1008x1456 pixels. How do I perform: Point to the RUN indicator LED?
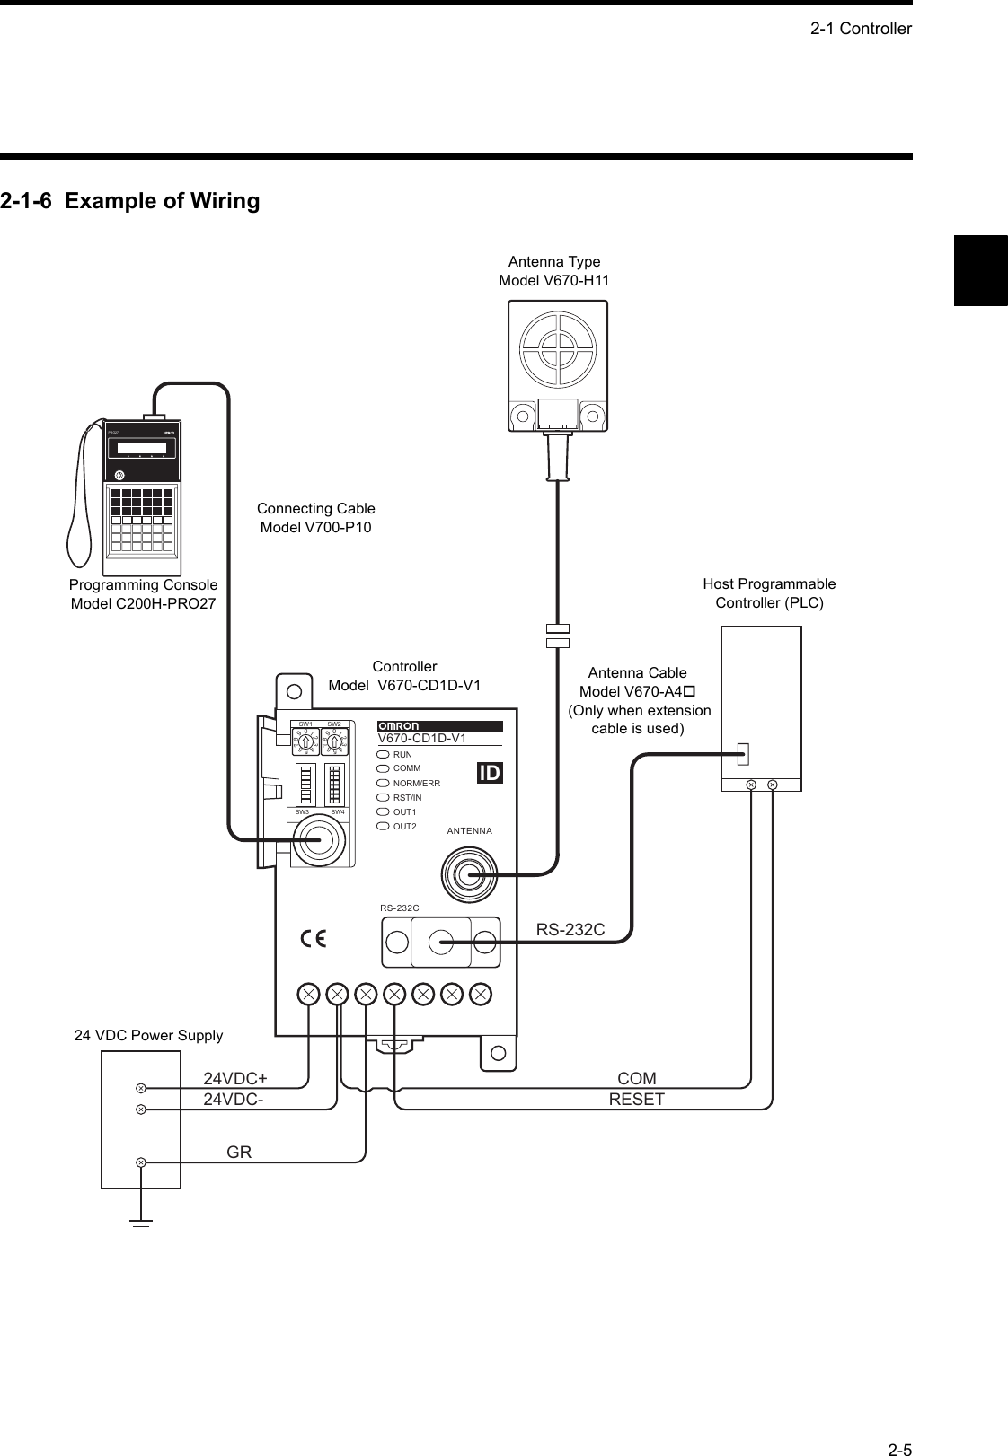384,755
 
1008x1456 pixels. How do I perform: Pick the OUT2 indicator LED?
384,826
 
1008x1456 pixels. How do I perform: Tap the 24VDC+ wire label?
236,1078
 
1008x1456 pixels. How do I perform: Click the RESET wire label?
637,1099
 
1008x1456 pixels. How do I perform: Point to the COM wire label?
637,1078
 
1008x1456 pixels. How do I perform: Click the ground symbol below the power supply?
141,1225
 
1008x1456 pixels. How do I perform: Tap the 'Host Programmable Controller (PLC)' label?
769,593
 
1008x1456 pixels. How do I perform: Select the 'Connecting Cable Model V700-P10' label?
315,518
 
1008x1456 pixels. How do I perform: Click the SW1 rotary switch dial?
305,741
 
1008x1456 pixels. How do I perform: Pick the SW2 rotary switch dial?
334,741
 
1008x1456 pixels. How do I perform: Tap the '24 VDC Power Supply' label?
148,1035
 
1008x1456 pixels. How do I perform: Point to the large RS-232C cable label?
570,930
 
